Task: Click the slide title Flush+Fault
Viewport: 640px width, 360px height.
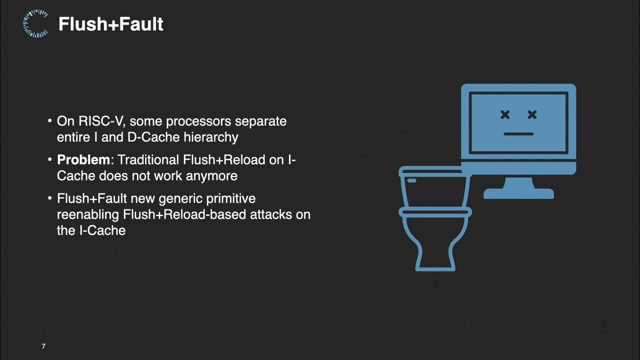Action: pyautogui.click(x=110, y=24)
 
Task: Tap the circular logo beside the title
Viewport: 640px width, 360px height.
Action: pyautogui.click(x=35, y=24)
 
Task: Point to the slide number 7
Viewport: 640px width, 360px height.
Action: pyautogui.click(x=43, y=346)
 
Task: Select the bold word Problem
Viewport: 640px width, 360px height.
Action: pyautogui.click(x=83, y=160)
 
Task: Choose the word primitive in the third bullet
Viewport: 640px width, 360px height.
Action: pyautogui.click(x=231, y=198)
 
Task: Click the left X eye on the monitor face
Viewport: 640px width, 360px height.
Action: pyautogui.click(x=505, y=115)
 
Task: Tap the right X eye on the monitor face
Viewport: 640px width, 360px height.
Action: pyautogui.click(x=532, y=115)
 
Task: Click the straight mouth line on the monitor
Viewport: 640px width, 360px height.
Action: pyautogui.click(x=518, y=134)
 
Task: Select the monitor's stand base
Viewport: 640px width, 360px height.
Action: pyautogui.click(x=518, y=193)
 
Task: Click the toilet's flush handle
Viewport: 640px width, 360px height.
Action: pyautogui.click(x=410, y=180)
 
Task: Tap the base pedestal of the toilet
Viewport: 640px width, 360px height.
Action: pyautogui.click(x=435, y=257)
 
